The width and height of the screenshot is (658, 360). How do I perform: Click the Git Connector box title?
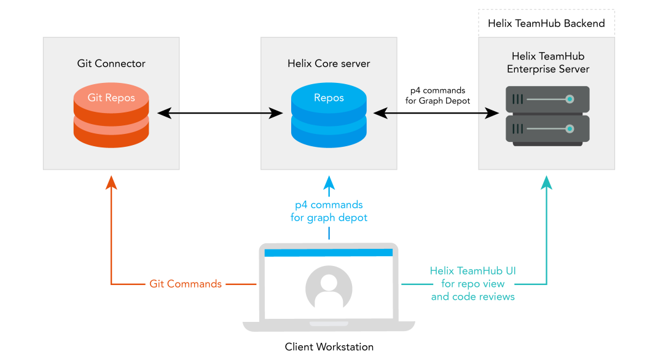(111, 63)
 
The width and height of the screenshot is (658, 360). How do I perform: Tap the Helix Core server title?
(329, 63)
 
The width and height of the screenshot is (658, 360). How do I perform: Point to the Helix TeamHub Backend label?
(546, 23)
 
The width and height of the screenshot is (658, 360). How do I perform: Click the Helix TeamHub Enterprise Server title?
(546, 63)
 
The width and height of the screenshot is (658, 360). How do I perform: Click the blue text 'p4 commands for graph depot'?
(329, 211)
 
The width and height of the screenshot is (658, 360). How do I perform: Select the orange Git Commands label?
(186, 284)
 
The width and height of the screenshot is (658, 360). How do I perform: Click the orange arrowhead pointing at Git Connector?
(111, 182)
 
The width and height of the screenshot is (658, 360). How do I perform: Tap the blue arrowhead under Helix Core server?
(329, 182)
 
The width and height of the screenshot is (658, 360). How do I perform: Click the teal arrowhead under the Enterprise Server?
(546, 182)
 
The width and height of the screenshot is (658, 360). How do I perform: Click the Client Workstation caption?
(329, 346)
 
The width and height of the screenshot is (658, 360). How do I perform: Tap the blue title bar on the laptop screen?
(329, 252)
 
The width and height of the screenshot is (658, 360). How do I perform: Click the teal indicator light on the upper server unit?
(570, 99)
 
